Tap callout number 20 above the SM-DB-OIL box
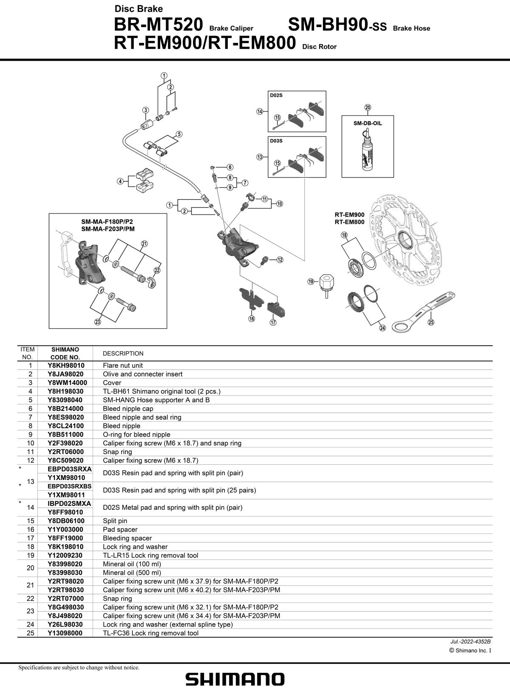click(368, 107)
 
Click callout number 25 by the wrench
click(431, 322)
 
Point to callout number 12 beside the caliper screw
click(280, 260)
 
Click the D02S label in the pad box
click(276, 96)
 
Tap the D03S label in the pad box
click(276, 141)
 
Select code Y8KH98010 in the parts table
click(66, 365)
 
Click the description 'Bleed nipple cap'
click(128, 409)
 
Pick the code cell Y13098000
click(65, 633)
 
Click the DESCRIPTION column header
click(123, 353)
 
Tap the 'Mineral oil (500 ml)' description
click(132, 573)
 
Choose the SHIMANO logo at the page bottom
click(235, 679)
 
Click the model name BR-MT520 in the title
click(159, 25)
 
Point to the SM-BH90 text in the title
click(328, 25)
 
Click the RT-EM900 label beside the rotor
click(349, 215)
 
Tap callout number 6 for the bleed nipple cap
click(230, 167)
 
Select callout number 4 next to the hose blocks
click(120, 181)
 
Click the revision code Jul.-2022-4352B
click(470, 641)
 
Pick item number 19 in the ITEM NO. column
click(31, 555)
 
